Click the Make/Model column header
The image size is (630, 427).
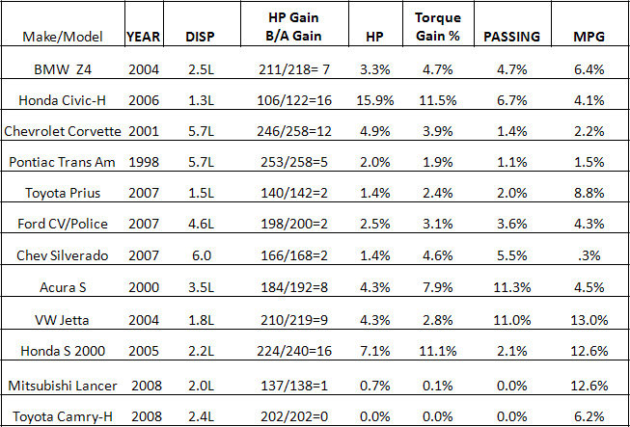[x=63, y=37]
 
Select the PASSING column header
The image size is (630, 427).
[x=511, y=37]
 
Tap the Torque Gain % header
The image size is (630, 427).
[x=438, y=26]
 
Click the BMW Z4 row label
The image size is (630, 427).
[x=63, y=69]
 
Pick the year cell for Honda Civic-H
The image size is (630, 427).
[x=144, y=100]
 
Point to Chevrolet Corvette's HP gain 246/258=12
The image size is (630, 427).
[x=294, y=131]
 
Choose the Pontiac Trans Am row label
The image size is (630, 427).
[x=63, y=162]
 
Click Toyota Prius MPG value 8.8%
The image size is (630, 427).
[x=589, y=193]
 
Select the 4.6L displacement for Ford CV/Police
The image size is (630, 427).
[x=200, y=224]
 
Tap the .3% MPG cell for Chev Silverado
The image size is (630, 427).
[x=589, y=255]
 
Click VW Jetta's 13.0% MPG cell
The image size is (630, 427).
[x=589, y=320]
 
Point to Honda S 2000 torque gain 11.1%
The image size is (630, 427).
[x=438, y=351]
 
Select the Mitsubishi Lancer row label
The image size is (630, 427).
[x=63, y=386]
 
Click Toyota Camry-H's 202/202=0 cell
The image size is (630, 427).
[x=294, y=416]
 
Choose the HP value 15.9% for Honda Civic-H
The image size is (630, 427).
[x=375, y=100]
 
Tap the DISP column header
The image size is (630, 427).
[x=200, y=37]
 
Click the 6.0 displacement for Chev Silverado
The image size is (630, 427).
[x=200, y=255]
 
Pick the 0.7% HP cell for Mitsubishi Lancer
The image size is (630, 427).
[x=375, y=386]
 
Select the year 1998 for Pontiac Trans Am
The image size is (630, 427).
[x=144, y=162]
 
